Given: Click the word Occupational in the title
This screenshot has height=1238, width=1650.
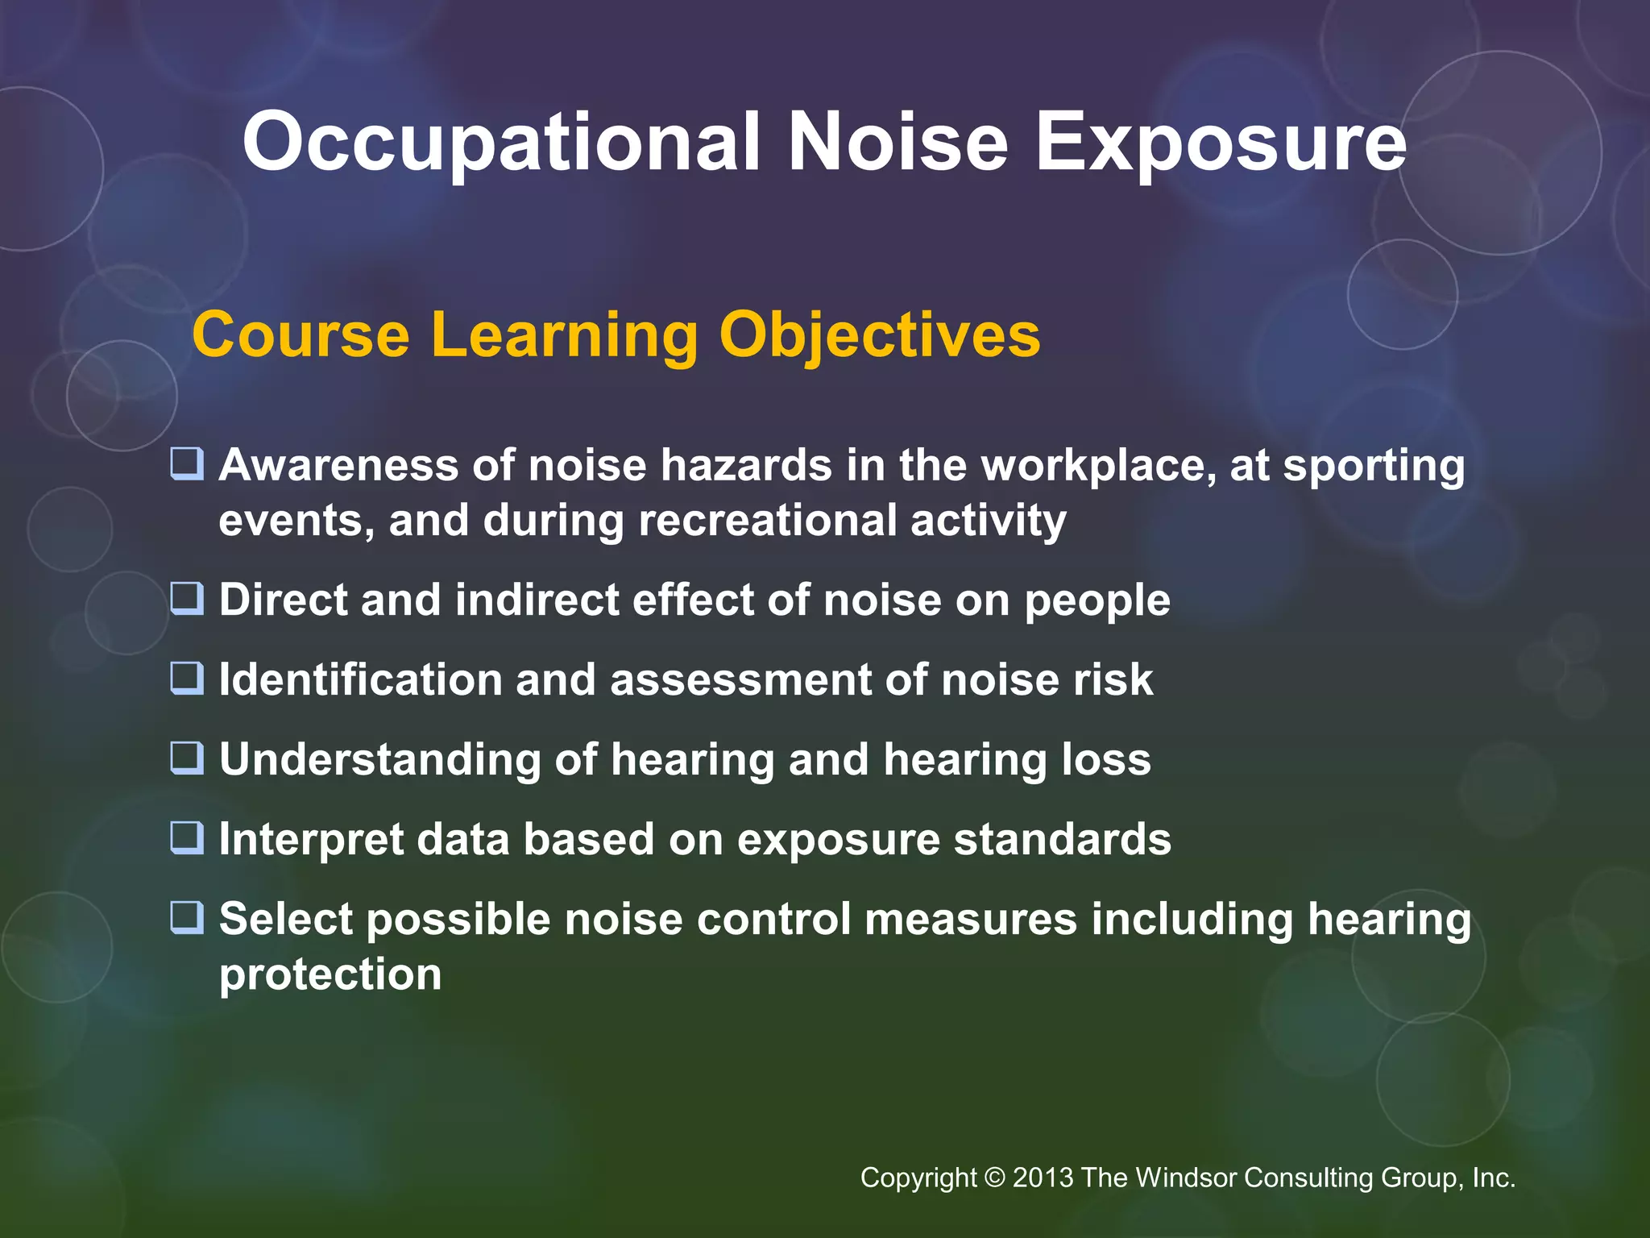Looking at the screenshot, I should (500, 143).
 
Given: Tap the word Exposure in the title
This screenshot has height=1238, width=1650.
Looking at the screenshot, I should (1220, 143).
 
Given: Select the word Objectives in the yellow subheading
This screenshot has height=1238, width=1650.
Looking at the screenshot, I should (879, 335).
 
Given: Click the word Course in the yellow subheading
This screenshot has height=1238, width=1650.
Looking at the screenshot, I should (301, 335).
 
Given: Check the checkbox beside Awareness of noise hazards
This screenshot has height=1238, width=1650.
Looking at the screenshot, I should (187, 465).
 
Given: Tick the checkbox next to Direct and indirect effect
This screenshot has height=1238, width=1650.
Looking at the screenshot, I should (187, 600).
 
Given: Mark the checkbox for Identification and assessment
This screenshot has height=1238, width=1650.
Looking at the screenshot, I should (187, 679).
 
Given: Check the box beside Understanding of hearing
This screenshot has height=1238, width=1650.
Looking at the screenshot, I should (187, 758).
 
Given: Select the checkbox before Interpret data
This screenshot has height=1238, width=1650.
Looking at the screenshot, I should (187, 838).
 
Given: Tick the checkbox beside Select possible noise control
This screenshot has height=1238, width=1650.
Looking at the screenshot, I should (187, 918).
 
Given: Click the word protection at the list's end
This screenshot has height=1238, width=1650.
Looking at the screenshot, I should (330, 975).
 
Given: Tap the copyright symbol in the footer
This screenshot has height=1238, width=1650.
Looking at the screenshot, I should (995, 1178).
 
